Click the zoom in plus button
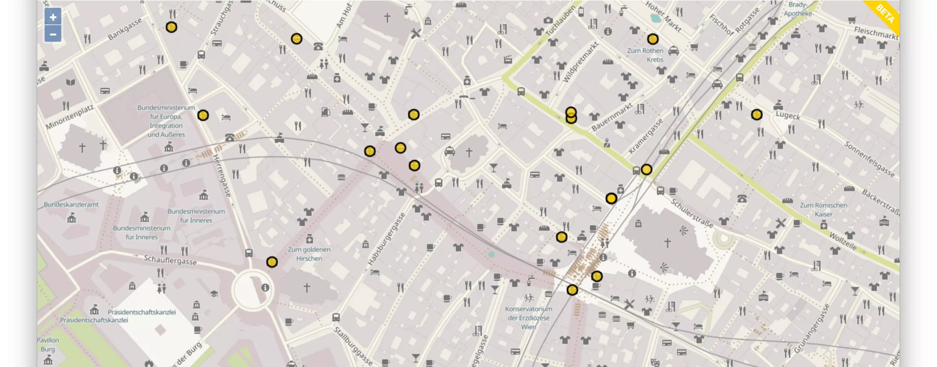[53, 17]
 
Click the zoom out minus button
[53, 34]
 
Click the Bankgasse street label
[124, 29]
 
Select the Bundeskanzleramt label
[71, 204]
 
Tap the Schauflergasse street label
[170, 260]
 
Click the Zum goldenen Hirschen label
[309, 254]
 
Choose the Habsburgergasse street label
[387, 239]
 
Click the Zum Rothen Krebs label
[645, 55]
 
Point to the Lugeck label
[788, 116]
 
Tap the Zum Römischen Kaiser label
[823, 210]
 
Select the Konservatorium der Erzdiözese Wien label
[528, 318]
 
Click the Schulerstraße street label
[692, 213]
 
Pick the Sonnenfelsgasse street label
[869, 159]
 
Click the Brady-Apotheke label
[798, 9]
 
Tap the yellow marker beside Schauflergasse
[272, 262]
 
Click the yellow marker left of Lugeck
[757, 115]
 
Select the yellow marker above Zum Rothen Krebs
[653, 39]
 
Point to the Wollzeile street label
[843, 242]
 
